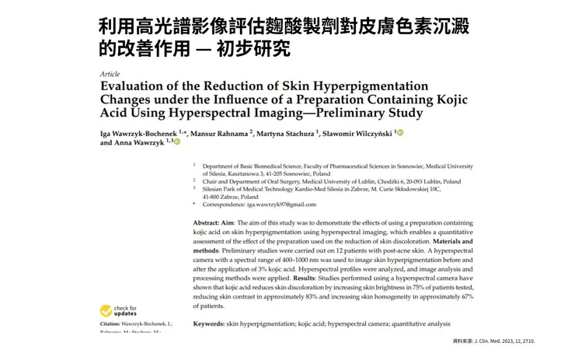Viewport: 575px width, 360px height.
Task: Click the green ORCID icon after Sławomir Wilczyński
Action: point(400,133)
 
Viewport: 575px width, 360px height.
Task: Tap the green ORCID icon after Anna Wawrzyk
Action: point(176,142)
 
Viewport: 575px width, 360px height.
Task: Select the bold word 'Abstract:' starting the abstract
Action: point(211,223)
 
